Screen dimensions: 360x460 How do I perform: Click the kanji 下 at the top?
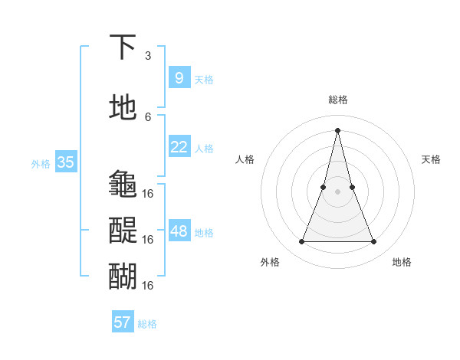click(123, 47)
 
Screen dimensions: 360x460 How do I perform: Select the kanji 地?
click(123, 108)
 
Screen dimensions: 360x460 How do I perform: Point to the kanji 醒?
click(123, 231)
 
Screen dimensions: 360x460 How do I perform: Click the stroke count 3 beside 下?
click(148, 56)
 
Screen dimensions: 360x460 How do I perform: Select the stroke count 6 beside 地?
click(148, 117)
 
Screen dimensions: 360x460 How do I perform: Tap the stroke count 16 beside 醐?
click(148, 285)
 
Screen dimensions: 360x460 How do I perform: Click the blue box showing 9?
click(179, 77)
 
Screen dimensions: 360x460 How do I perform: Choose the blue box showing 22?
click(179, 147)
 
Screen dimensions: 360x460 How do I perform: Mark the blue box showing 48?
click(179, 231)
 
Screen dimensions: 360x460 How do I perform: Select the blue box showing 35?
click(66, 162)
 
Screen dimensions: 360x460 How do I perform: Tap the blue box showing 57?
click(123, 322)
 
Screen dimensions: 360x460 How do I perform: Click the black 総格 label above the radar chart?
click(338, 100)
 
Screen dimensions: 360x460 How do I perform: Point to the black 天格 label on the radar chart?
click(431, 159)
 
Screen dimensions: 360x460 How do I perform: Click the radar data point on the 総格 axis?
click(338, 129)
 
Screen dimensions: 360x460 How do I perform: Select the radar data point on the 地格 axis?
click(374, 242)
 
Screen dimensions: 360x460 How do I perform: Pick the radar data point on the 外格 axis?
click(302, 242)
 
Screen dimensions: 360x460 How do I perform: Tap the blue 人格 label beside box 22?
click(204, 148)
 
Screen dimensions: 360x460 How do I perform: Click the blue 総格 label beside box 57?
click(147, 324)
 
